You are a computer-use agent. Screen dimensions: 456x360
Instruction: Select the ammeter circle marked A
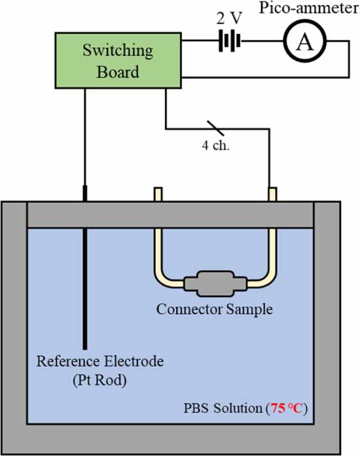303,43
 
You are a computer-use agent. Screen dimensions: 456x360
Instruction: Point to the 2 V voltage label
228,17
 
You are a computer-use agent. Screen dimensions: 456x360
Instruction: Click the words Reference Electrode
99,361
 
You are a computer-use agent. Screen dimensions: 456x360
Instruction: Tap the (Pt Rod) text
99,379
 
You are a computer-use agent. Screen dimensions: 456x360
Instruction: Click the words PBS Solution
223,410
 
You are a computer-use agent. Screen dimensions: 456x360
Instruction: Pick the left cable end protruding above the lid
157,194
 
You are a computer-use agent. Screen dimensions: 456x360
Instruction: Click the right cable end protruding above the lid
270,194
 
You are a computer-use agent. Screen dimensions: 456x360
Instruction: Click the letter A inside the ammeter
303,43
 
